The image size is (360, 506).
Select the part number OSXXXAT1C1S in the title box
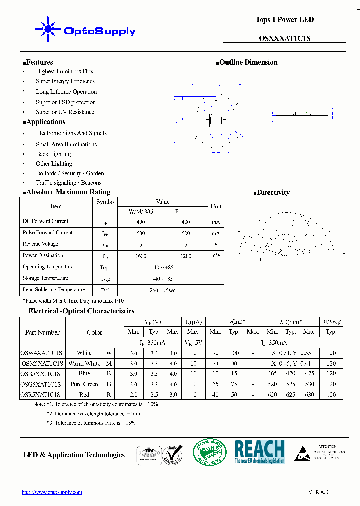point(285,38)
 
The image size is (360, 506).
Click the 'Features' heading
point(39,62)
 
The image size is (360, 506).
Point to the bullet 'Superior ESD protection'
point(66,102)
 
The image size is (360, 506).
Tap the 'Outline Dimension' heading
point(248,62)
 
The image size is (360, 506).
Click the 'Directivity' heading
point(273,192)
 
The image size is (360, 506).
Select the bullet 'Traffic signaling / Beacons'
point(69,183)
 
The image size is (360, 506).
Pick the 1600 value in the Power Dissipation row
point(141,256)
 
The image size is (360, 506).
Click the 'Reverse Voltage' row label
point(40,244)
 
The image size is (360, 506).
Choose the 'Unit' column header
point(216,206)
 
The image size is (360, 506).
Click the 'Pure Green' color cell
point(84,384)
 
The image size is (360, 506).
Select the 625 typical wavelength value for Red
point(291,395)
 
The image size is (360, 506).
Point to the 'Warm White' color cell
point(84,364)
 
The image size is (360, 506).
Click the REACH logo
point(259,451)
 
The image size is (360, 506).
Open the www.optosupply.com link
point(52,492)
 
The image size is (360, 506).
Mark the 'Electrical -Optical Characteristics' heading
point(81,311)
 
